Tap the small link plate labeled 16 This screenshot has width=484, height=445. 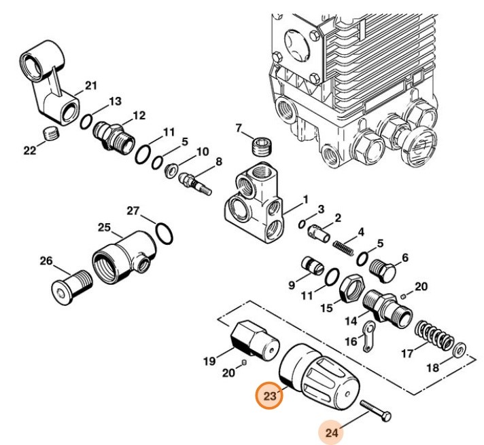coord(369,337)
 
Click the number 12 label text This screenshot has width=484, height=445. coord(139,115)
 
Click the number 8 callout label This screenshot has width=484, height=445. coord(219,161)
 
